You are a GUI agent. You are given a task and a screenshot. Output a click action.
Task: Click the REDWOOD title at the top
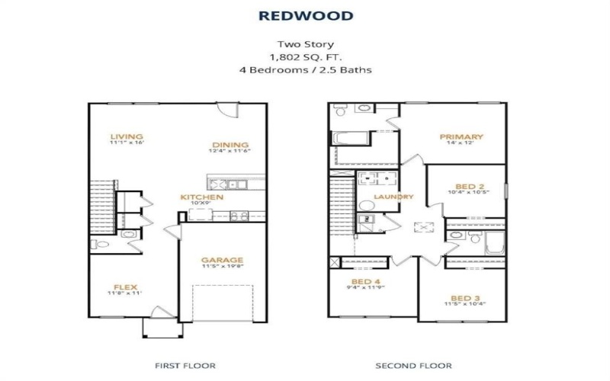tap(304, 15)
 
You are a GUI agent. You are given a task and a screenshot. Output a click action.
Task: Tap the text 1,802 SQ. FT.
tap(304, 56)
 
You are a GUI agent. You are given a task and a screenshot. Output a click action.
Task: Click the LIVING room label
tap(126, 136)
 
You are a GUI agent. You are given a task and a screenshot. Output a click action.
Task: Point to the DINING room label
tap(230, 145)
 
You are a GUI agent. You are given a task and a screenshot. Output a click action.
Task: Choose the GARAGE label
tap(222, 260)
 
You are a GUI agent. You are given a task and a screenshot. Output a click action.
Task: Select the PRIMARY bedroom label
tap(462, 137)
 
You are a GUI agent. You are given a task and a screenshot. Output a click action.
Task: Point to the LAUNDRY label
tap(393, 197)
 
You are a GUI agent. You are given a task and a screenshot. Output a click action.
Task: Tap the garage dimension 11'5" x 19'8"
tap(222, 267)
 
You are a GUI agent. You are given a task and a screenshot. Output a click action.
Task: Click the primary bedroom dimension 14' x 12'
tap(462, 144)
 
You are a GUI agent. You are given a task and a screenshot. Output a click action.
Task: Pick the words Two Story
tap(304, 44)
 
